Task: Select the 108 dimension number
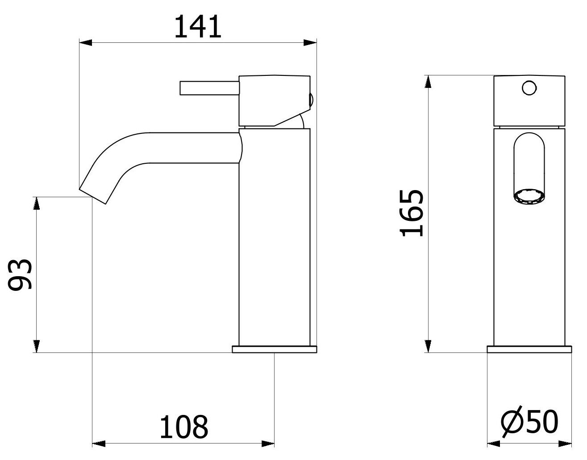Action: [x=184, y=427]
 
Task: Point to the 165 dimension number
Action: [x=411, y=213]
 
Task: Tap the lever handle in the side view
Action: [x=210, y=88]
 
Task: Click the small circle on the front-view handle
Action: [x=529, y=88]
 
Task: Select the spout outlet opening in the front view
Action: [x=529, y=196]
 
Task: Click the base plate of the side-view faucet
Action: [x=275, y=349]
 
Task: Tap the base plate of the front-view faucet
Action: [x=529, y=349]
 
